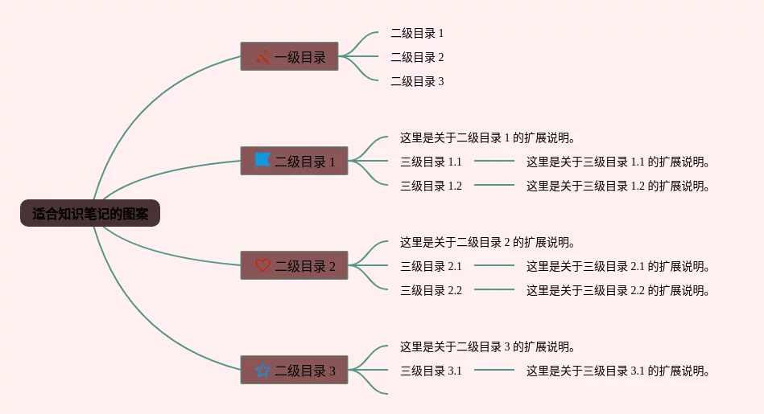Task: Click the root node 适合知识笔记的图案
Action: click(90, 214)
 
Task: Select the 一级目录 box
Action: click(290, 56)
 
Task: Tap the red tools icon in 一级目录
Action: click(262, 57)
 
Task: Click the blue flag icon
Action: click(262, 161)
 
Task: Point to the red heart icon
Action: click(262, 265)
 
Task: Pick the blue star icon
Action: click(262, 371)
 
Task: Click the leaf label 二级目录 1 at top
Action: click(417, 33)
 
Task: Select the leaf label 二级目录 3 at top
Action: click(417, 81)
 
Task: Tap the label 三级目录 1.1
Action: click(431, 162)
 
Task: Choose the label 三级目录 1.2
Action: click(431, 186)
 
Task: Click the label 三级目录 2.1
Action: click(431, 266)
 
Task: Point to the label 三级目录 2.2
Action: click(431, 290)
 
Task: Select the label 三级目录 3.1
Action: click(431, 371)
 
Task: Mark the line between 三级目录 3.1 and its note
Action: click(494, 370)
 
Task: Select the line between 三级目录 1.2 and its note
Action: click(494, 185)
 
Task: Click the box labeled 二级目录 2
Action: click(295, 265)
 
